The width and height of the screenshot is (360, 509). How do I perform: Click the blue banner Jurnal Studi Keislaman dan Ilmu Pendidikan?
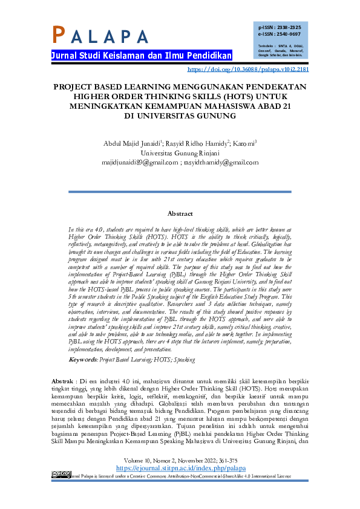142,56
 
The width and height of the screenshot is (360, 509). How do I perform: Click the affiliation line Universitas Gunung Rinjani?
180,153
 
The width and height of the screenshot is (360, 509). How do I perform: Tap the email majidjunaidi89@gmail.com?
140,162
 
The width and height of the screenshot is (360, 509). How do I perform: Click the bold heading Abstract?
180,213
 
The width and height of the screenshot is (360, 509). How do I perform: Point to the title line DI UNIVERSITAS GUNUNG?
180,115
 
